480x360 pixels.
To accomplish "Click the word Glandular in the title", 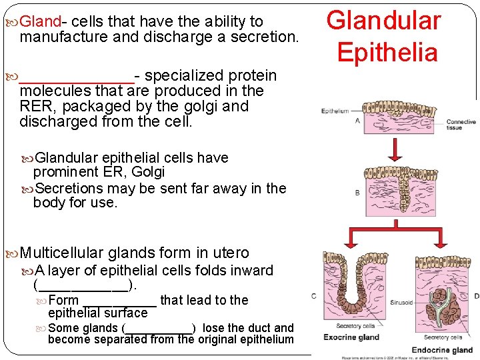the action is click(384, 21).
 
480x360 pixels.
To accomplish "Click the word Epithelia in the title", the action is click(387, 52).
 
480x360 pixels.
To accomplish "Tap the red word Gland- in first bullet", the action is click(41, 21).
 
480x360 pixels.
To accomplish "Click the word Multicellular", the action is click(62, 253).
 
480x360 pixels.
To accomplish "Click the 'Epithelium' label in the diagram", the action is click(335, 111).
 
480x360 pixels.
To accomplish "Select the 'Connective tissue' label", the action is click(461, 125).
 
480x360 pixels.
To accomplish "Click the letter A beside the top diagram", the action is click(357, 121).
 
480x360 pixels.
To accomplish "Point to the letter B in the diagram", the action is click(357, 193).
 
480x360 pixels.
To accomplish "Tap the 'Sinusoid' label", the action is click(402, 302).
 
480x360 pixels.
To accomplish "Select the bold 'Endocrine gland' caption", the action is click(442, 349).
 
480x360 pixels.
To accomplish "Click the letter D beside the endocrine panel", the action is click(475, 296).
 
